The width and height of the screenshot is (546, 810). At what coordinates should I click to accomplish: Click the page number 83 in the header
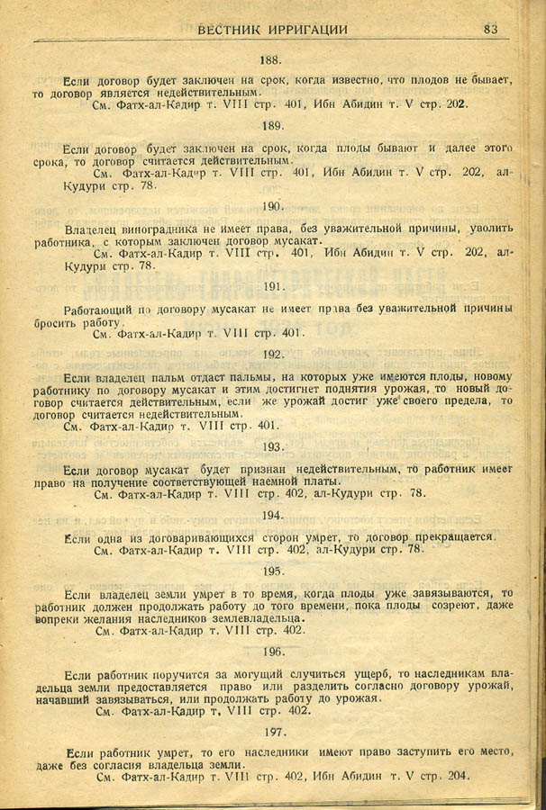pyautogui.click(x=491, y=29)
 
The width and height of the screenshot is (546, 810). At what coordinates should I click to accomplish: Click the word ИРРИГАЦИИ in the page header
pyautogui.click(x=304, y=29)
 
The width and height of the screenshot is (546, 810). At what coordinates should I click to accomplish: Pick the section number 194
pyautogui.click(x=272, y=515)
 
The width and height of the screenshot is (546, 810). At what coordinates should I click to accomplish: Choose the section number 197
pyautogui.click(x=272, y=732)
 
